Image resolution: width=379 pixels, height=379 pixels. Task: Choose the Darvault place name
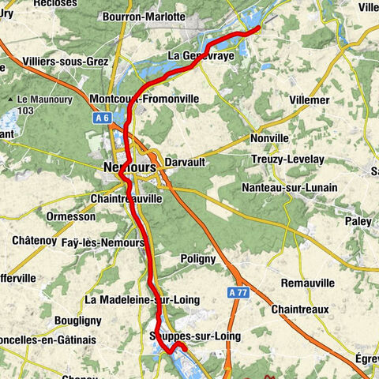coord(186,162)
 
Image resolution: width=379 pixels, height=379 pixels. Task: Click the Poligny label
coord(197,258)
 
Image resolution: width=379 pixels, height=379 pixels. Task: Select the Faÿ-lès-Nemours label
coord(103,242)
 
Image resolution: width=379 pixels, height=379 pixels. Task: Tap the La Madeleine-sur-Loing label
coord(142,300)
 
